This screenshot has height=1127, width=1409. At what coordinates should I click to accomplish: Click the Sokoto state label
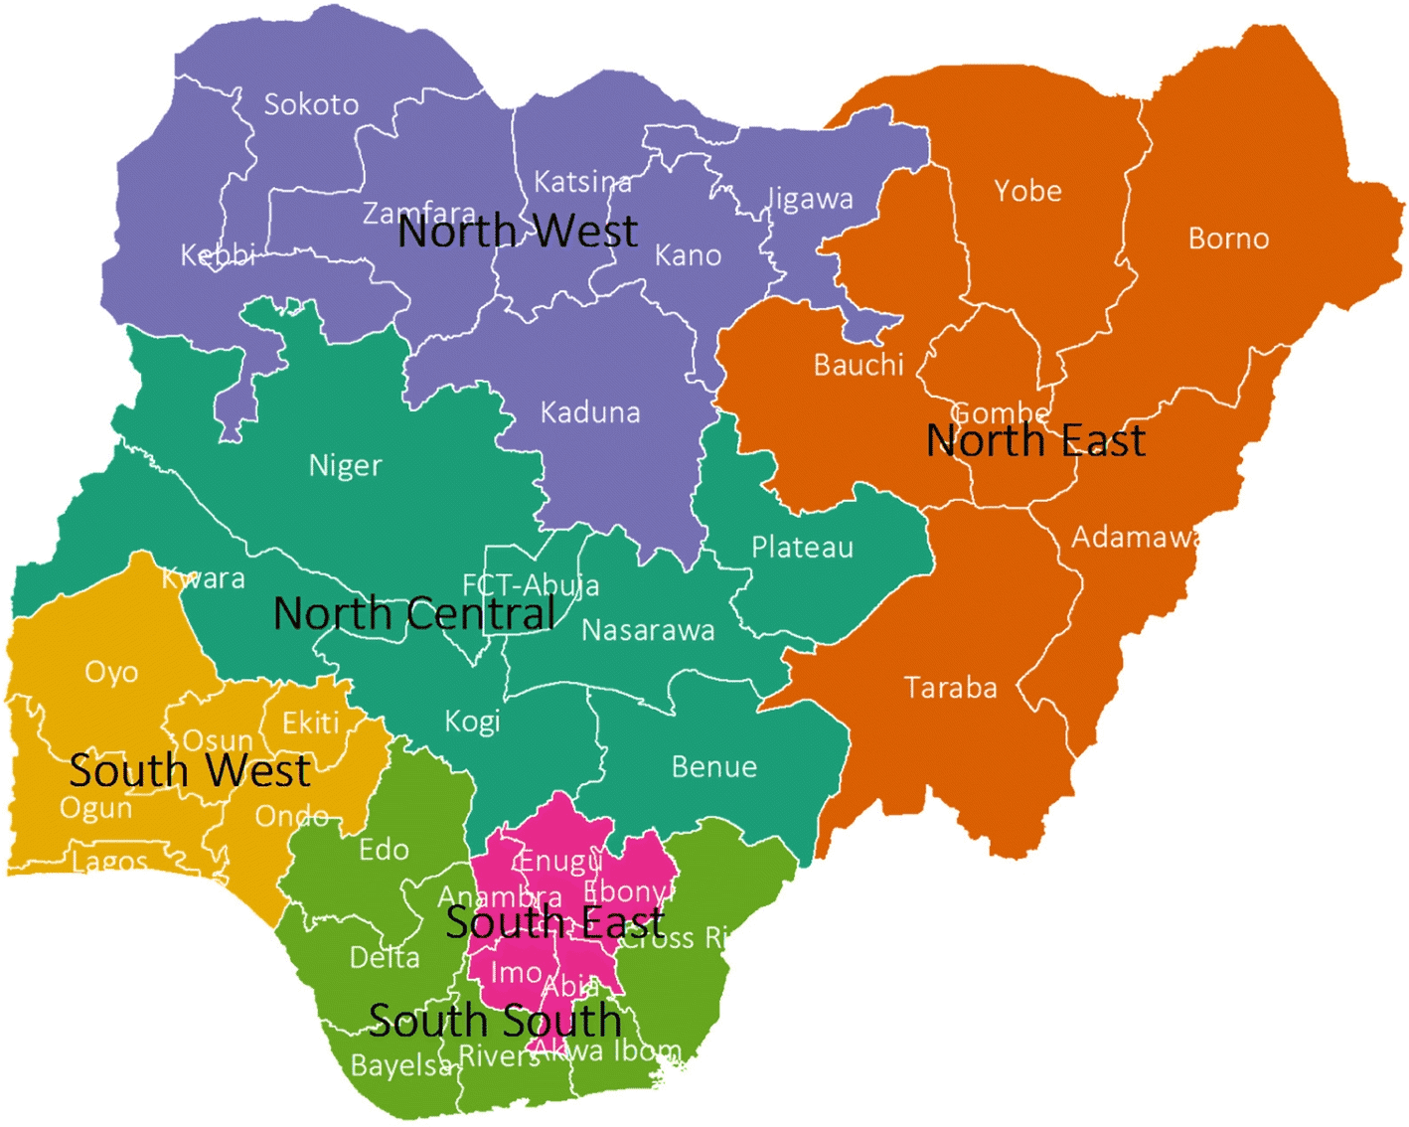pos(311,104)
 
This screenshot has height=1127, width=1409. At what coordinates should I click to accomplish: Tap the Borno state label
pos(1228,239)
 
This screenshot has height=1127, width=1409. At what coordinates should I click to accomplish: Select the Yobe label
pos(1027,191)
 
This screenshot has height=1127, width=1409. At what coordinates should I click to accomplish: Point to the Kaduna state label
pos(590,412)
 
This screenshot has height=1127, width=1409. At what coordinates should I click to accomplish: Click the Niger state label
pos(345,465)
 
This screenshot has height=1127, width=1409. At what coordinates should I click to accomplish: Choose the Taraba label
pos(950,688)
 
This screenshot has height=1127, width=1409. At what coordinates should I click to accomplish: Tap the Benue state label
pos(713,767)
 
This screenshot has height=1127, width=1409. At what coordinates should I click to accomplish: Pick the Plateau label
pos(802,548)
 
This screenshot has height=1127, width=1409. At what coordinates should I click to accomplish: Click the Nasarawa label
pos(648,630)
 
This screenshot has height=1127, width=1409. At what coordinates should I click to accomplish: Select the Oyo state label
pos(111,673)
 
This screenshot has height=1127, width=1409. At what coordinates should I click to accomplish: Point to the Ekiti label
pos(310,723)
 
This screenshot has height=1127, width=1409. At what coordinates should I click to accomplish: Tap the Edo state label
pos(384,850)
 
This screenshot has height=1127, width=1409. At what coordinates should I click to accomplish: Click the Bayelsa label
pos(401,1065)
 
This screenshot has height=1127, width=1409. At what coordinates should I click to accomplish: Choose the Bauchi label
pos(859,365)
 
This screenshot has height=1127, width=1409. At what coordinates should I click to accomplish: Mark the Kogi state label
pos(472,721)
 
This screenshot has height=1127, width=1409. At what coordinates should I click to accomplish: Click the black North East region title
pos(1035,440)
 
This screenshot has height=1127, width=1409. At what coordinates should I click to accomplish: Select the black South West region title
pos(190,771)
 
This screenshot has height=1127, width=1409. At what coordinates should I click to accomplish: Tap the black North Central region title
pos(414,613)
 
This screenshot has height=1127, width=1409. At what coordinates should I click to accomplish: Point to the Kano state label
pos(688,255)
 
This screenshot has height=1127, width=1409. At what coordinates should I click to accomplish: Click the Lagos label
pos(110,862)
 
